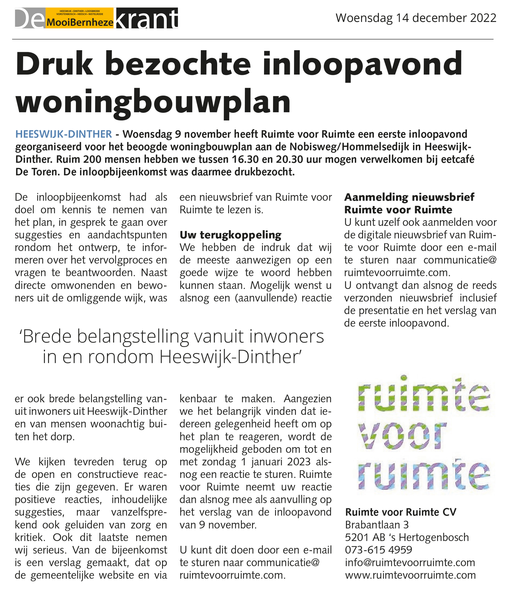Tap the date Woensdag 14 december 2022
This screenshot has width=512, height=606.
[416, 18]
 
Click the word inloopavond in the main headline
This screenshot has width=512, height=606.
[362, 64]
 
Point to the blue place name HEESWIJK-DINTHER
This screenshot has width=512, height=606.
[64, 134]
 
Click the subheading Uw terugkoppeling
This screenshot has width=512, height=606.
[230, 235]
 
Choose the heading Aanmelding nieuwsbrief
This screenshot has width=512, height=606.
[409, 197]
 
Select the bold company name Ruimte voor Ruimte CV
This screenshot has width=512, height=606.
[401, 512]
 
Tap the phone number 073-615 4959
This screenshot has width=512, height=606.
[378, 550]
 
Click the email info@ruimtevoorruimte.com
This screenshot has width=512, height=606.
[410, 563]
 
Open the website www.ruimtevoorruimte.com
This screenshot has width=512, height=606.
[410, 575]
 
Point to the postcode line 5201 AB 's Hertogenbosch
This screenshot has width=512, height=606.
[407, 537]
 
